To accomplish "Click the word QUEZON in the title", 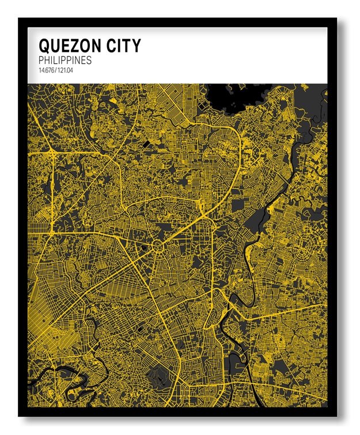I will coord(69,45).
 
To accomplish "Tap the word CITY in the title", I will coord(121,45).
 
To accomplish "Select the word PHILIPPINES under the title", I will coord(65,60).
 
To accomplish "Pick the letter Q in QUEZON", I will coord(44,45).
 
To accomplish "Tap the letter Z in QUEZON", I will coord(73,45).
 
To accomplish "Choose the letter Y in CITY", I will coord(135,45).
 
